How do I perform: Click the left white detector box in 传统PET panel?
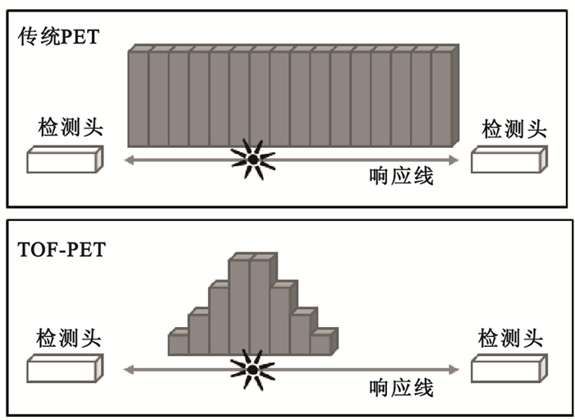(65, 159)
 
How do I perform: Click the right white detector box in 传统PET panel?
(508, 159)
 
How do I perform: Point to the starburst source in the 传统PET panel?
(253, 158)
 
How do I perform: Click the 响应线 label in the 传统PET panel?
(402, 176)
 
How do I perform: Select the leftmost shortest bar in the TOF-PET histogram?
(178, 344)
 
